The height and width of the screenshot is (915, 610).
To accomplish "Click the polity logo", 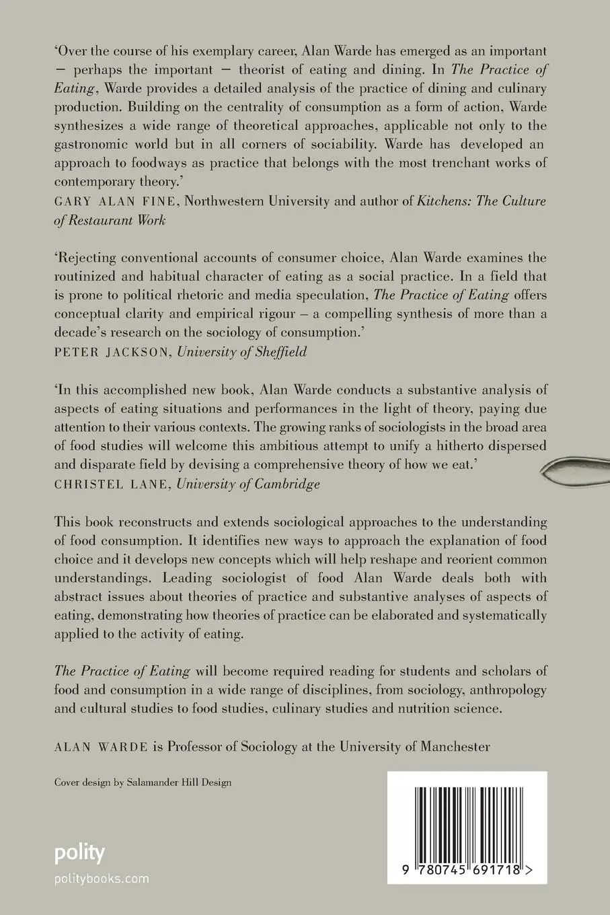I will point(79,854).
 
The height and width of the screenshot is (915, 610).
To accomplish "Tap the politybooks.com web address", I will point(102,878).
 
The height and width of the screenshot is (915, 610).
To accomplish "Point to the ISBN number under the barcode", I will point(463,870).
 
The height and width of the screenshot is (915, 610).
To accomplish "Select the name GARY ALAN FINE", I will point(102,200).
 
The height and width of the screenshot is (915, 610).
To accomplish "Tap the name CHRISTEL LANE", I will point(112,483).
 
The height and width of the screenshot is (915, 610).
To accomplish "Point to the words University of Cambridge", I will point(248,483).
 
